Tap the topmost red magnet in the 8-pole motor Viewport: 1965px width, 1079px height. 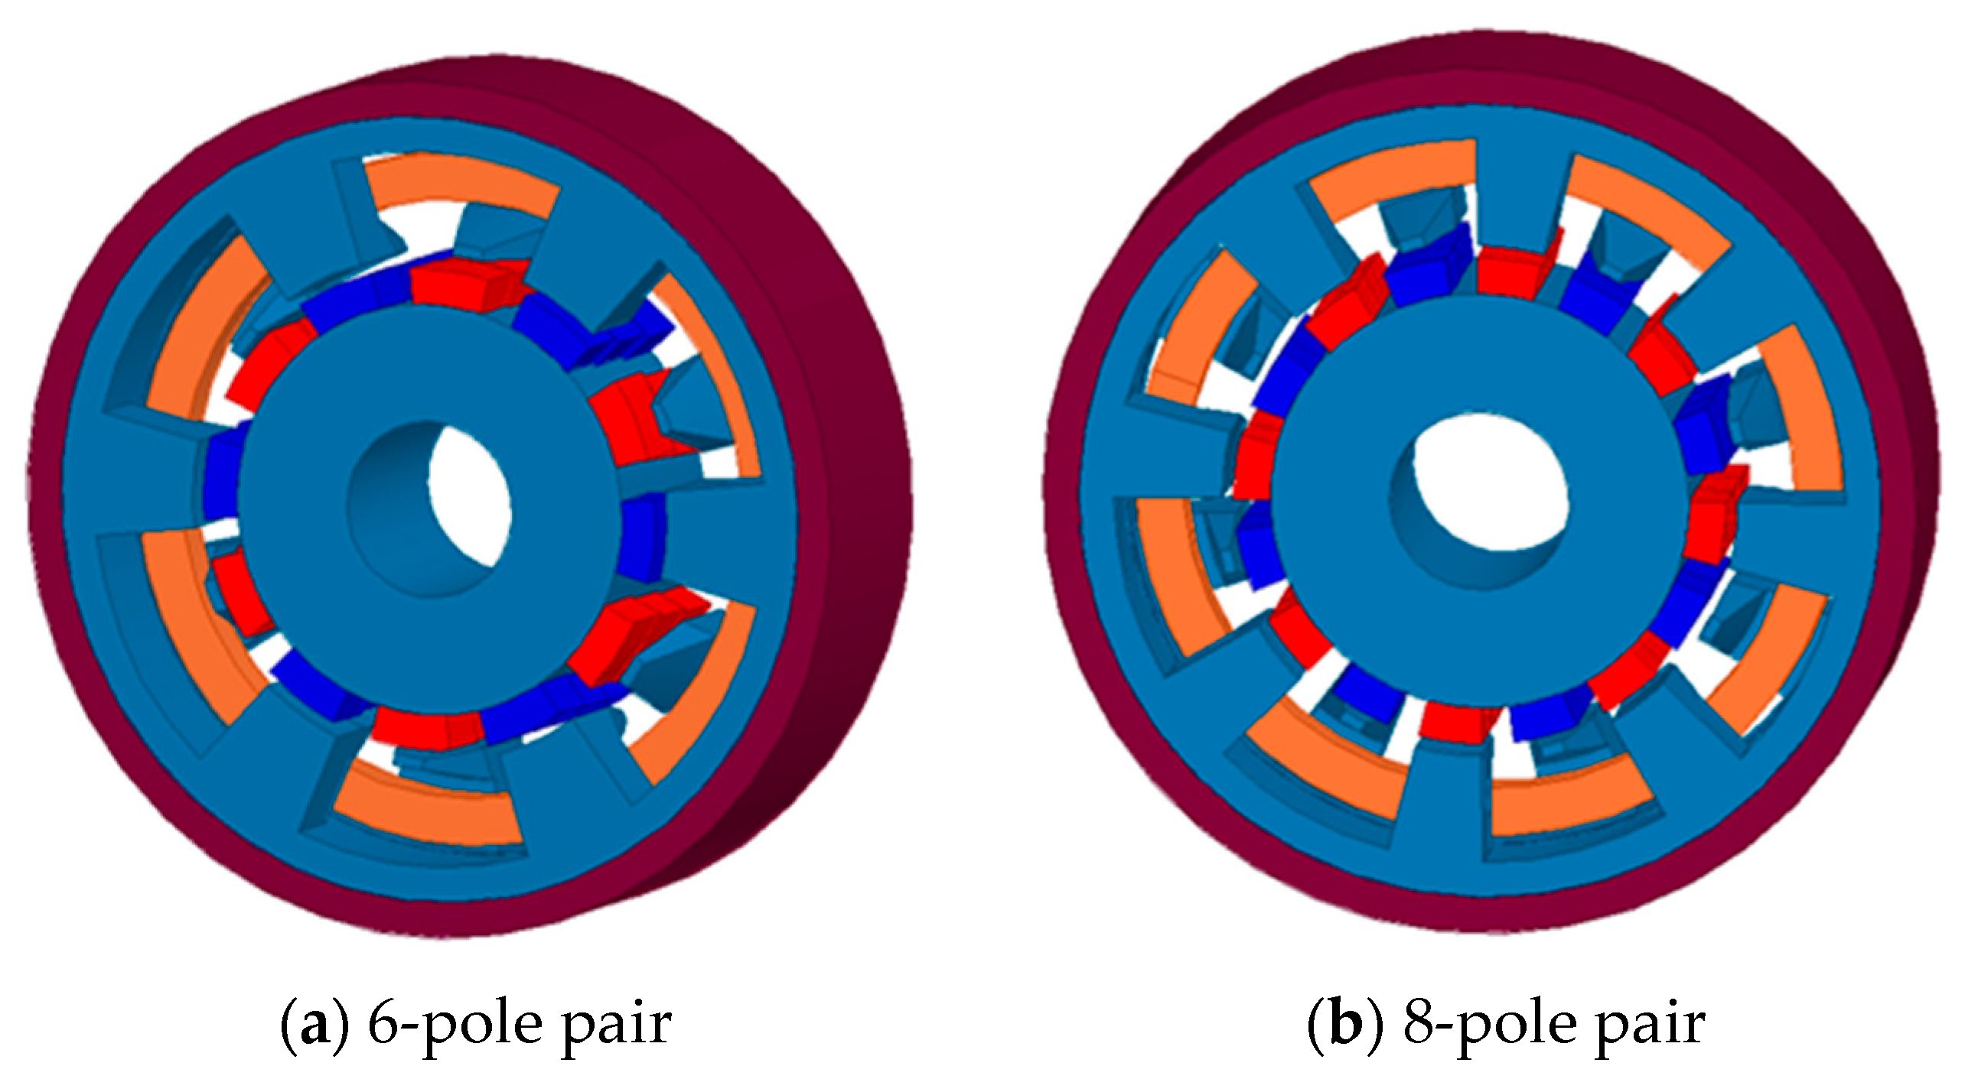pyautogui.click(x=1509, y=271)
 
